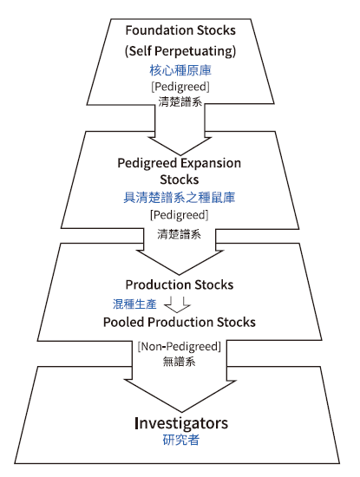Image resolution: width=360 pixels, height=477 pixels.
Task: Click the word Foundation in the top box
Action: pyautogui.click(x=160, y=30)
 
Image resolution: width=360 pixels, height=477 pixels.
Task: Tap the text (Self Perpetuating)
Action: pyautogui.click(x=180, y=51)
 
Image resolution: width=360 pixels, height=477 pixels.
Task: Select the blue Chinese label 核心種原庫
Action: pyautogui.click(x=180, y=70)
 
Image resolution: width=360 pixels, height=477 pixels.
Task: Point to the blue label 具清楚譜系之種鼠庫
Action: pyautogui.click(x=180, y=198)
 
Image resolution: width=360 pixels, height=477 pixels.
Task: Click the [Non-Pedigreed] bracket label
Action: pyautogui.click(x=180, y=347)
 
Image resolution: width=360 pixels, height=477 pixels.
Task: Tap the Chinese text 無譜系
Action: pyautogui.click(x=180, y=362)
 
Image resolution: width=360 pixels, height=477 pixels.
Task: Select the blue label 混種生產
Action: pyautogui.click(x=134, y=304)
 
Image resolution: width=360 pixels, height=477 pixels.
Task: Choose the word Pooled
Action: pyautogui.click(x=123, y=322)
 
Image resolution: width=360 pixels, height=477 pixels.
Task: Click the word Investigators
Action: pyautogui.click(x=181, y=423)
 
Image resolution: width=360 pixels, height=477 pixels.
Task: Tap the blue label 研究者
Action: pyautogui.click(x=180, y=440)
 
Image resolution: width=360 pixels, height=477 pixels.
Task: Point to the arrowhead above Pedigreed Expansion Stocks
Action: pyautogui.click(x=180, y=147)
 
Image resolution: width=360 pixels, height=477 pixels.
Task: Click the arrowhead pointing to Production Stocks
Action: pyautogui.click(x=180, y=263)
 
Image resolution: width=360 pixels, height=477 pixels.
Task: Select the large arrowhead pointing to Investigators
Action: pyautogui.click(x=180, y=395)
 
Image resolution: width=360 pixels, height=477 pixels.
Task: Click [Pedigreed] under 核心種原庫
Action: pyautogui.click(x=180, y=87)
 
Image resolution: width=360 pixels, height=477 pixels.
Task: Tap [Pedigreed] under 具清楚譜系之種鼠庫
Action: pyautogui.click(x=180, y=215)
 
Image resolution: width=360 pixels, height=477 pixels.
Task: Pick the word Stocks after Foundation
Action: pyautogui.click(x=216, y=30)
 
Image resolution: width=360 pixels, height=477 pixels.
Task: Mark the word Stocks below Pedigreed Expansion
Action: pyautogui.click(x=180, y=180)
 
